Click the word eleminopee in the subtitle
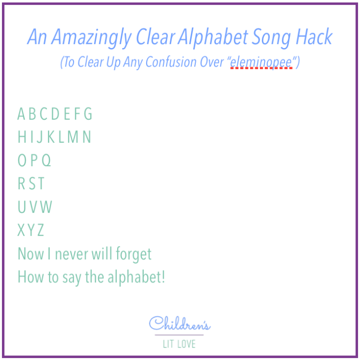pyautogui.click(x=261, y=64)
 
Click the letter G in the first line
pyautogui.click(x=88, y=114)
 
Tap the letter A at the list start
pyautogui.click(x=22, y=114)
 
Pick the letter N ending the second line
pyautogui.click(x=87, y=137)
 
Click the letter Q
pyautogui.click(x=47, y=161)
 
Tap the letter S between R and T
pyautogui.click(x=31, y=184)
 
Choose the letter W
pyautogui.click(x=46, y=207)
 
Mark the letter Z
pyautogui.click(x=41, y=230)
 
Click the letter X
pyautogui.click(x=22, y=230)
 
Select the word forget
pyautogui.click(x=134, y=254)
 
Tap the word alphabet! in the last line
pyautogui.click(x=136, y=277)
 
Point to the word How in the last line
pyautogui.click(x=31, y=277)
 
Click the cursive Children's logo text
pyautogui.click(x=180, y=323)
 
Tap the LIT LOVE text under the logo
pyautogui.click(x=180, y=344)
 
